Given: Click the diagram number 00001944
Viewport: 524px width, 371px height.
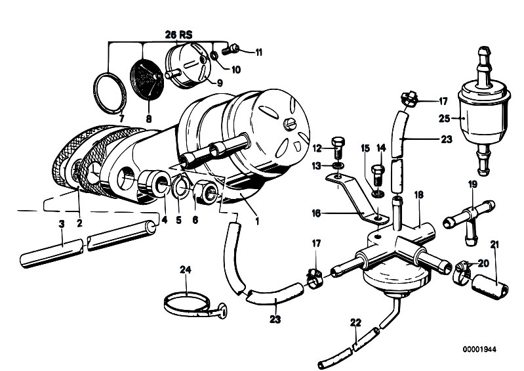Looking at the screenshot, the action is click(x=479, y=349).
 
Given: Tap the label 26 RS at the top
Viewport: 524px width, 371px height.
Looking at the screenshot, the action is click(x=179, y=34).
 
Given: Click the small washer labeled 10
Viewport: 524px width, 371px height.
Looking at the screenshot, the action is click(x=214, y=55).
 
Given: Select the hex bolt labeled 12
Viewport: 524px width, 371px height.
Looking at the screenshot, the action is click(x=337, y=148).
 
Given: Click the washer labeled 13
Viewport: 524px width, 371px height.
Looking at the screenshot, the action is click(x=337, y=165).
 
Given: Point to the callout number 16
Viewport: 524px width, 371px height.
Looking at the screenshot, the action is click(x=317, y=213).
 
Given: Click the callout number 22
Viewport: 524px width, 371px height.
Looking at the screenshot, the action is click(x=356, y=322).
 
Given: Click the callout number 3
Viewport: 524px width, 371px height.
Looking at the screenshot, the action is click(x=62, y=224).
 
